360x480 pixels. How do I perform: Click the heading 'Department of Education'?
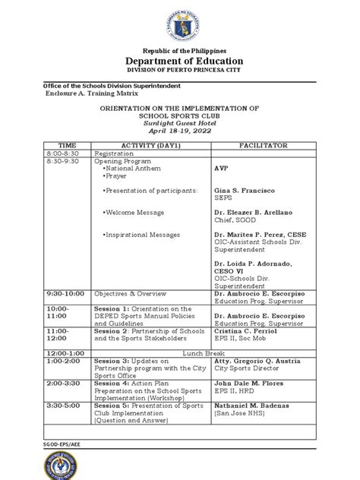tap(179, 62)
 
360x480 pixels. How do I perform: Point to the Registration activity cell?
tap(115, 153)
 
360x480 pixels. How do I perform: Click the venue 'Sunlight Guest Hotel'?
tap(180, 121)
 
